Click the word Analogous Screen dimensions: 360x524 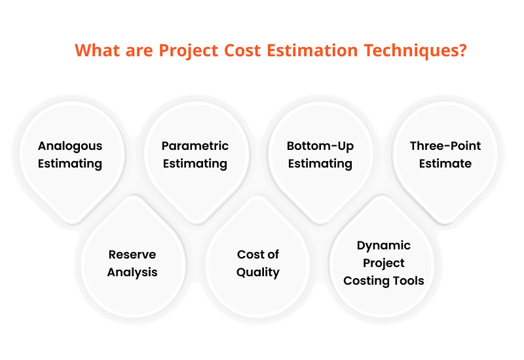tap(70, 146)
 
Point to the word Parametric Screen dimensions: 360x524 tap(195, 146)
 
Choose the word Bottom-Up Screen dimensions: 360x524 tap(320, 146)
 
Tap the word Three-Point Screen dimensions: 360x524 tap(445, 146)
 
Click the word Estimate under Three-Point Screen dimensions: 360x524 tap(445, 163)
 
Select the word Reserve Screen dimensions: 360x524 tap(132, 255)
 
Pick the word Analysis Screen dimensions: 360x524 tap(132, 272)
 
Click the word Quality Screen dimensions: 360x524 tap(258, 272)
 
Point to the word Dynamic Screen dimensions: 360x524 tap(384, 245)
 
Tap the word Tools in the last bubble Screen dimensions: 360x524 tap(408, 281)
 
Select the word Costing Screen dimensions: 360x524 tap(367, 281)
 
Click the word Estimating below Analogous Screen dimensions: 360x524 tap(70, 163)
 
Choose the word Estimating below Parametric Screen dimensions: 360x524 tap(195, 163)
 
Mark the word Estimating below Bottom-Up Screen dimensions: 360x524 tap(320, 163)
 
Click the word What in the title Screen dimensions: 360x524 tap(97, 51)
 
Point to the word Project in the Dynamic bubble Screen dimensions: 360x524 tap(384, 263)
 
